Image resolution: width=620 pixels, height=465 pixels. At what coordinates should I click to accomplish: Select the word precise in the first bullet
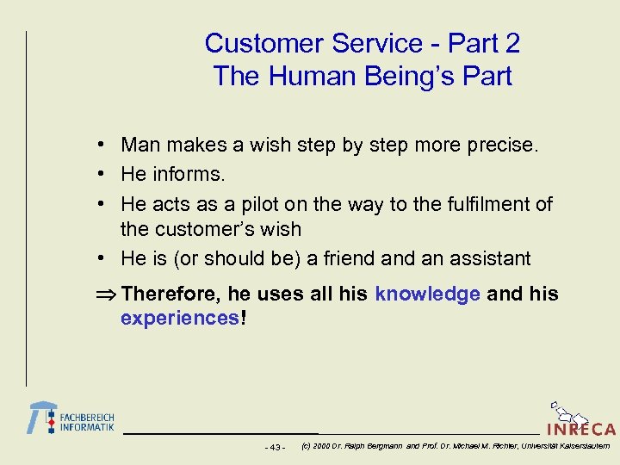click(x=506, y=146)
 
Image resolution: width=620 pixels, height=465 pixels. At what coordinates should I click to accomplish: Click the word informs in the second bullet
click(x=187, y=174)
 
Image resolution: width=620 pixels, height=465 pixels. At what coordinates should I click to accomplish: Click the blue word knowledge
click(x=427, y=294)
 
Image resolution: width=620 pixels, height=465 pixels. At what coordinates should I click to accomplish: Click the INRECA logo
click(x=581, y=422)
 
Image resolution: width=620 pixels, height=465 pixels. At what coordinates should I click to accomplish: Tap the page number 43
click(x=275, y=447)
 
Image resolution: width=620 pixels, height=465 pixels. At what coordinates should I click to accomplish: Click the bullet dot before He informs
click(x=102, y=174)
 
